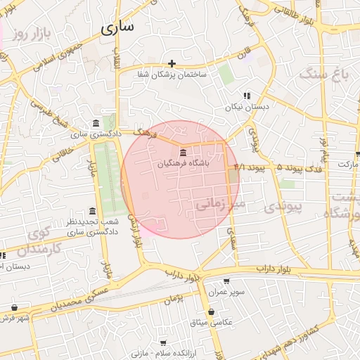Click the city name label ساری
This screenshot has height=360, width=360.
tap(117, 28)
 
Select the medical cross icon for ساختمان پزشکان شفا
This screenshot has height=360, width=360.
tap(172, 64)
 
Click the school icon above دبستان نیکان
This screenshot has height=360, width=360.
tap(246, 96)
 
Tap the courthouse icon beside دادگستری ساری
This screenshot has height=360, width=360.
tap(96, 123)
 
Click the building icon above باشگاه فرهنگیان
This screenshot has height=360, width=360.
tap(183, 153)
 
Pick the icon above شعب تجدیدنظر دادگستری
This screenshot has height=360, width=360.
tap(92, 212)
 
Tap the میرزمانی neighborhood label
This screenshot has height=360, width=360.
tap(219, 205)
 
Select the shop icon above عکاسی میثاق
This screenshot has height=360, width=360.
tap(211, 312)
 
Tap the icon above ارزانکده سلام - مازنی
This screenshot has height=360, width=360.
tap(163, 343)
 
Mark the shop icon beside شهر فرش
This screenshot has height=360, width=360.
tap(15, 307)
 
